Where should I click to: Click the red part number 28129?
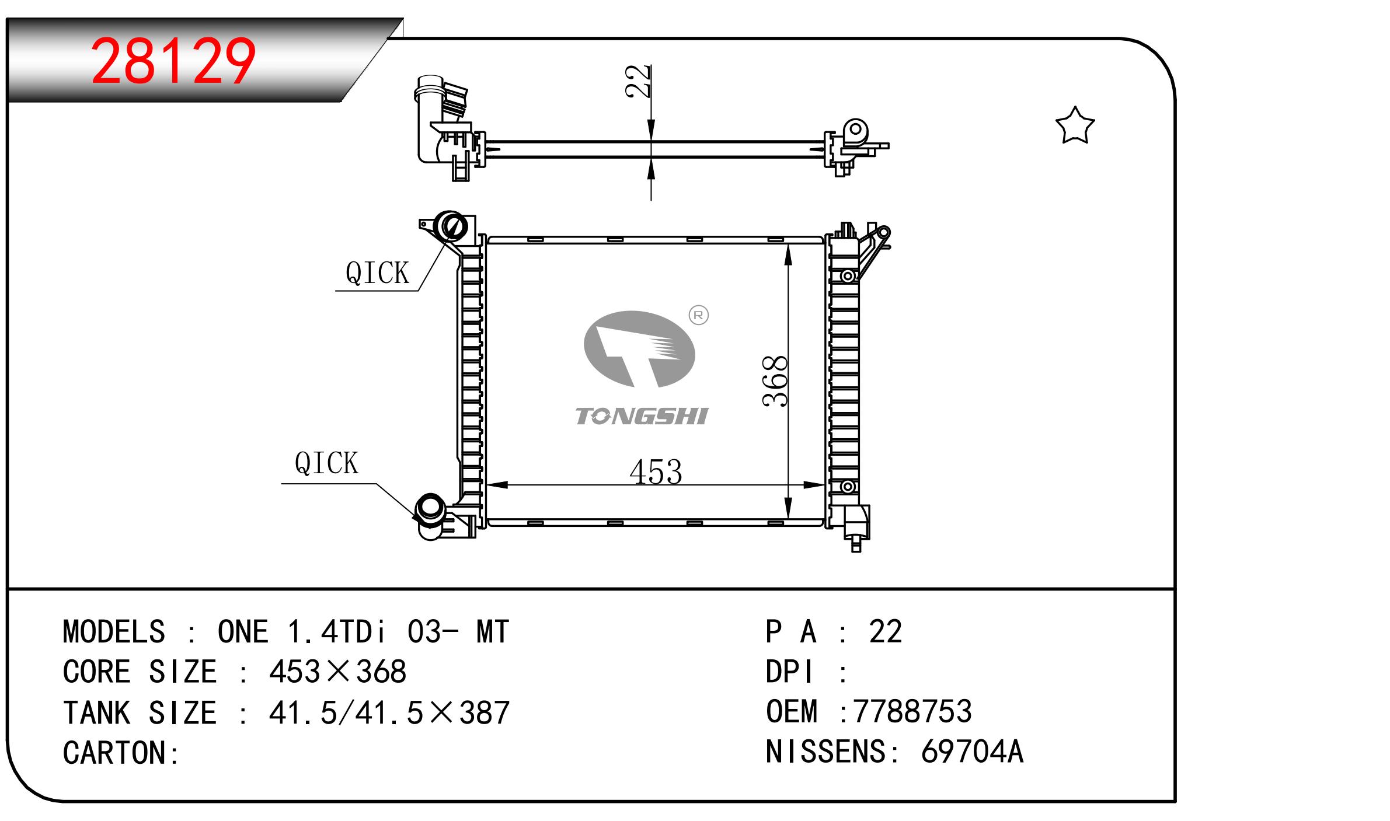(x=173, y=61)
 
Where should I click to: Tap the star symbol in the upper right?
(x=1075, y=125)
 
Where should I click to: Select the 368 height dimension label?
(x=775, y=381)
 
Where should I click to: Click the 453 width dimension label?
(x=656, y=472)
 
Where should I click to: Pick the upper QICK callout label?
(x=377, y=272)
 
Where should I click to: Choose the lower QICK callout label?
(x=326, y=463)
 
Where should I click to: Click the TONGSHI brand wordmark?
(x=641, y=416)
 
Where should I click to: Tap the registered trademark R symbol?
(x=699, y=316)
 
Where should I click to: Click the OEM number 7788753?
(x=912, y=711)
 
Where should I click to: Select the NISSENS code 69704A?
(x=972, y=752)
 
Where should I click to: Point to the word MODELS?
(x=114, y=631)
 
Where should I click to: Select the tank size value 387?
(x=485, y=712)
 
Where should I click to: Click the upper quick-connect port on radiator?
(x=452, y=226)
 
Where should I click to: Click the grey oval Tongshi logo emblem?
(x=639, y=349)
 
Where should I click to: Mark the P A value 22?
(x=886, y=631)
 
